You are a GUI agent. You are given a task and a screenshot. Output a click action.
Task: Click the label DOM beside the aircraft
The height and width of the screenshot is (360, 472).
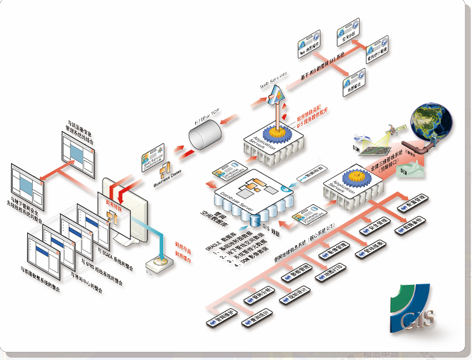356,149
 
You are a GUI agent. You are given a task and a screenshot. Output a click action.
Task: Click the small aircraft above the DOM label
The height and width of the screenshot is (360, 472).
362,137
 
